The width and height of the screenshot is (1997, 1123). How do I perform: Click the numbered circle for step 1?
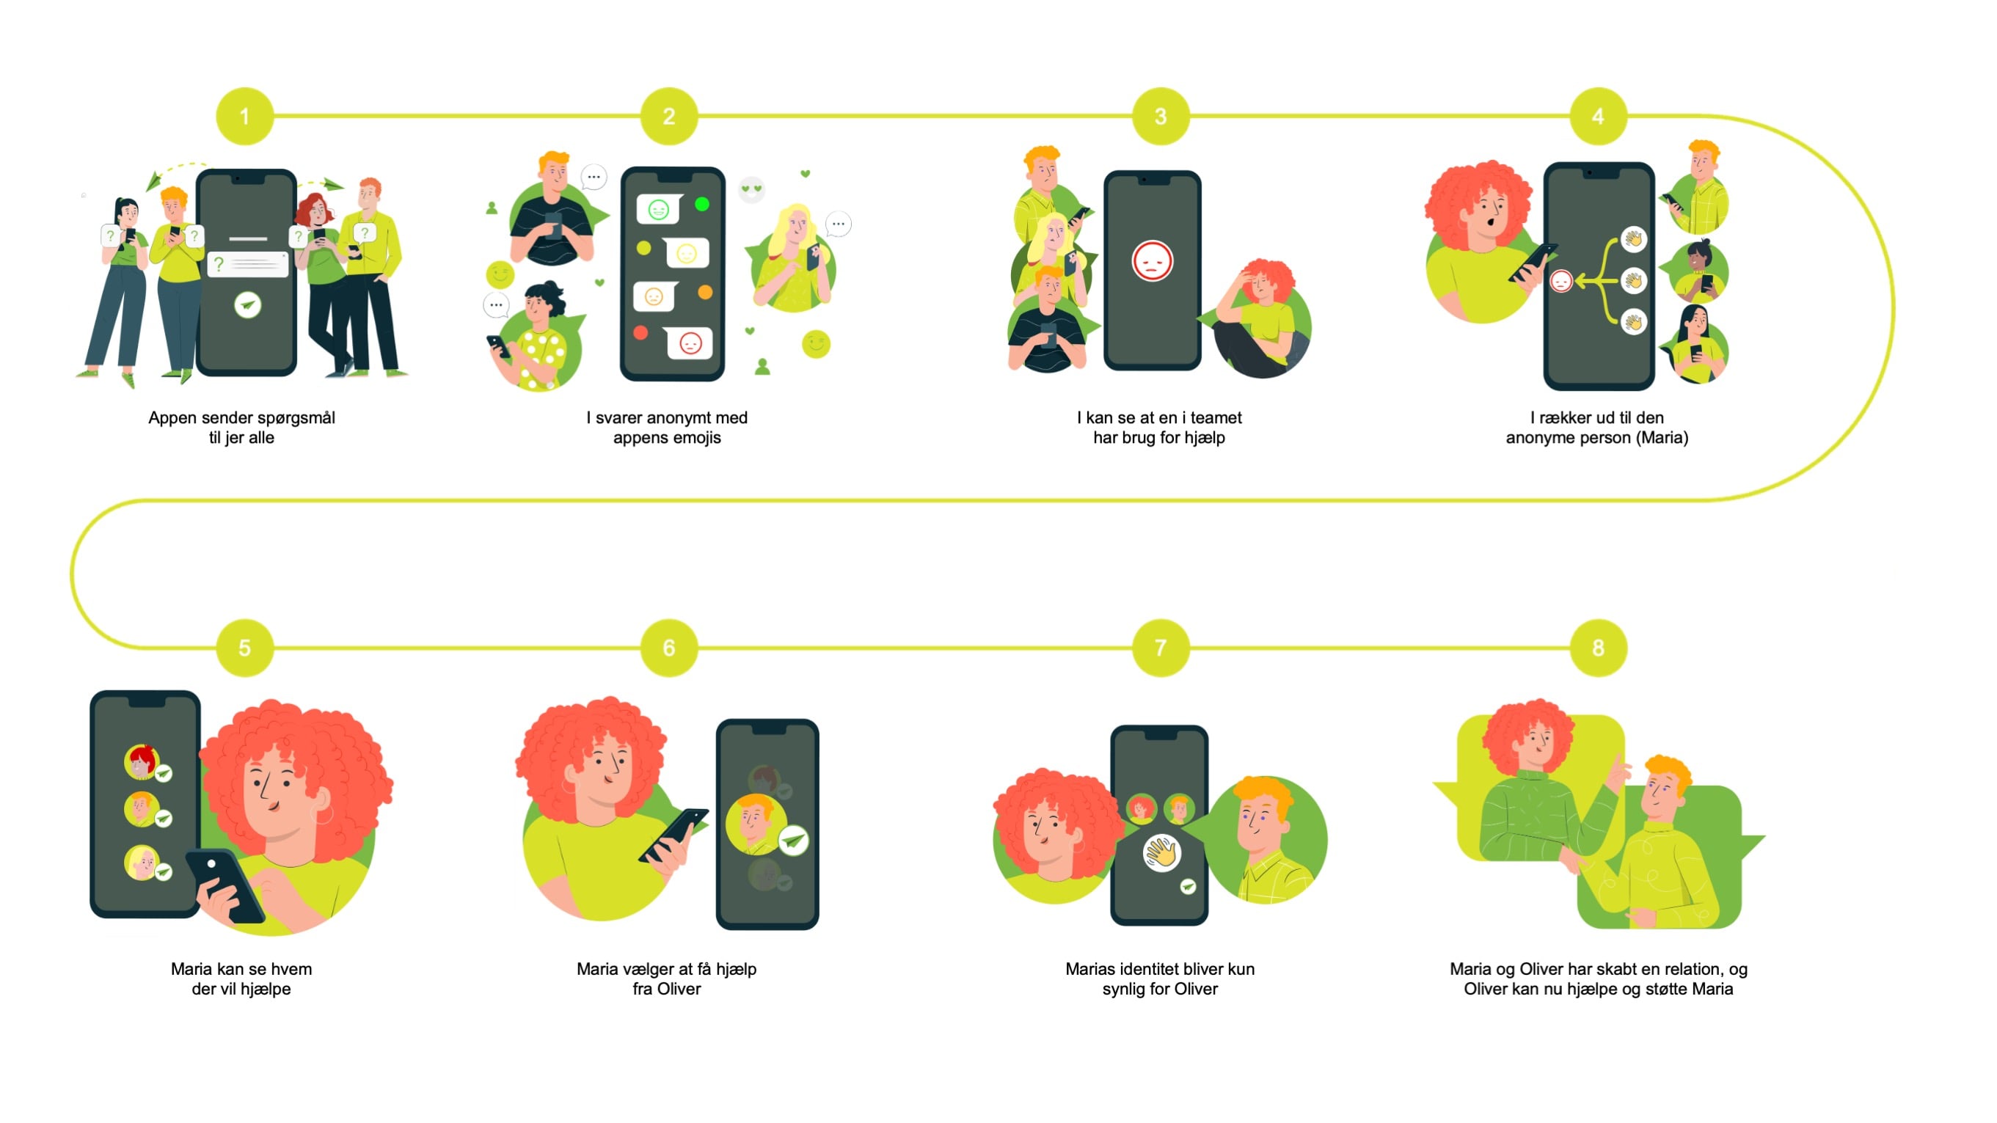(244, 116)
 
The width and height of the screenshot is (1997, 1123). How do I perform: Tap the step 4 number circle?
(1597, 116)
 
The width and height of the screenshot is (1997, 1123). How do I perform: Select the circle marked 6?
(668, 648)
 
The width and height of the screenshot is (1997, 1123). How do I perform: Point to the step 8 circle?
(1597, 648)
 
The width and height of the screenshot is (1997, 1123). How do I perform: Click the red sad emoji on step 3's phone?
(1152, 261)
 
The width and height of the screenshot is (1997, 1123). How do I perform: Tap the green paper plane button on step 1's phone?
(247, 304)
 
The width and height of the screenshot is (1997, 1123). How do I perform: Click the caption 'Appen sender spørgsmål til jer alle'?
(241, 428)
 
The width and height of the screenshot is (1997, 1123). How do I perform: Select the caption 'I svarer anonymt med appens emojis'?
(667, 428)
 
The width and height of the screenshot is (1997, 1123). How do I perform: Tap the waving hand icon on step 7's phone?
(1161, 853)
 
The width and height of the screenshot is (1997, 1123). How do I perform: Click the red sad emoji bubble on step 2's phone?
(688, 343)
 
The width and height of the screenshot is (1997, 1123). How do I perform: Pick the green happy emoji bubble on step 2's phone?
(658, 209)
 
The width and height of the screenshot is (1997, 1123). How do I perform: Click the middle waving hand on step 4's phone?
(1633, 279)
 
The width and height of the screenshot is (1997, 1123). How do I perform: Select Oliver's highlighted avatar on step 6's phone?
(755, 824)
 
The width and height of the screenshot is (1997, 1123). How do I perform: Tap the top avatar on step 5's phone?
(141, 762)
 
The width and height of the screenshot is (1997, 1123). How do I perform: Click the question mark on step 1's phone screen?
(219, 265)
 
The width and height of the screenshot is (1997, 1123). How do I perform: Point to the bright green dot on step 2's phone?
(701, 204)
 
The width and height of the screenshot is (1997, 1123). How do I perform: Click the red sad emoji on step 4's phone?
(1560, 280)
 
